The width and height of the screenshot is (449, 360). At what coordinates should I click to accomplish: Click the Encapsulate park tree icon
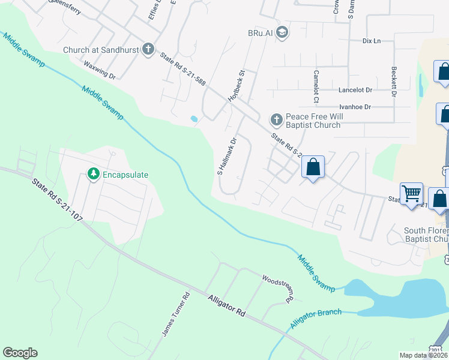93,175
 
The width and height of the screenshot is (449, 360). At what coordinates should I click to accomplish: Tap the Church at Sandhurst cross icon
148,50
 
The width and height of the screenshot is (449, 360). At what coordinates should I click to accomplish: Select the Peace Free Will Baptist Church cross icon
276,120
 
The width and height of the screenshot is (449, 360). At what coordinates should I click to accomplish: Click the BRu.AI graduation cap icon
283,32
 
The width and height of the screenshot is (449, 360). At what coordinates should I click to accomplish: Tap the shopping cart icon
411,193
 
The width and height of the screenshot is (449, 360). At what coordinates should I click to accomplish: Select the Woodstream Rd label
277,287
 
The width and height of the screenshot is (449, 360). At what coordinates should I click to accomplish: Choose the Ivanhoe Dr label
355,107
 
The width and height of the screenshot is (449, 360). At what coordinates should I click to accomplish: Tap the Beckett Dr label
394,82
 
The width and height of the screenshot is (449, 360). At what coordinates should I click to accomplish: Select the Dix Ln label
372,41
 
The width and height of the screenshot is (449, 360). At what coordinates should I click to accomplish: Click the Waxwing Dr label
100,70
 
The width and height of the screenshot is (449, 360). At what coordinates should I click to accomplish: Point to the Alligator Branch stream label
316,317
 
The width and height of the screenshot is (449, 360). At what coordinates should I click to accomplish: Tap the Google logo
20,353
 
